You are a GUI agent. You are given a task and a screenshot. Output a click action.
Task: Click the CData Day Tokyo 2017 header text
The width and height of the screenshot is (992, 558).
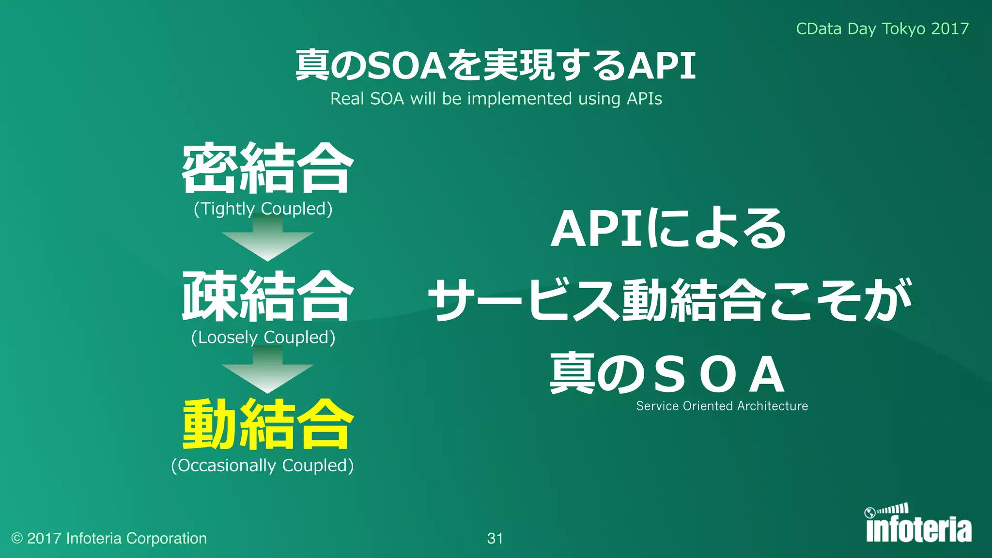coord(882,29)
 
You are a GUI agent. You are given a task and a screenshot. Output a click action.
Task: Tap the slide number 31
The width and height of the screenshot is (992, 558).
coord(495,538)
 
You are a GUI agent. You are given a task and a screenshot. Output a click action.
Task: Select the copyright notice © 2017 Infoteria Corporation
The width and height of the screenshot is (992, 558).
coord(109,538)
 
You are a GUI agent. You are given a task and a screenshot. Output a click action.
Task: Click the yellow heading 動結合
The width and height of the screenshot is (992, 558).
coord(267,425)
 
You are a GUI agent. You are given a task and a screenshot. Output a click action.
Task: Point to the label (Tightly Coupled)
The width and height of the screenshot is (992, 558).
coord(263,209)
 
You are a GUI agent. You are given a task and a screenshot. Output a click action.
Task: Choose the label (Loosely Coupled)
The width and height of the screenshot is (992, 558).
coord(263,337)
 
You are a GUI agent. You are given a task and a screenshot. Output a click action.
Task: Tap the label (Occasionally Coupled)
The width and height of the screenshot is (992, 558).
coord(262,465)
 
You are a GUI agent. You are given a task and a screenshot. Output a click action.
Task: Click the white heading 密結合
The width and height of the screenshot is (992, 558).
coord(267,168)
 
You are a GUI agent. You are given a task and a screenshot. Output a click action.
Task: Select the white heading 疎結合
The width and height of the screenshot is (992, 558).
coord(267,296)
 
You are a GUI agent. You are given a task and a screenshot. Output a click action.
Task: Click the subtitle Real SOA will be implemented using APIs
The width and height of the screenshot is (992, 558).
coord(496,99)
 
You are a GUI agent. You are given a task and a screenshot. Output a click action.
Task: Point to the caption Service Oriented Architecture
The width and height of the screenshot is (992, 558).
coord(722,406)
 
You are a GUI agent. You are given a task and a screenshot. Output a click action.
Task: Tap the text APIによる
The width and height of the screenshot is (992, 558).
coord(668,229)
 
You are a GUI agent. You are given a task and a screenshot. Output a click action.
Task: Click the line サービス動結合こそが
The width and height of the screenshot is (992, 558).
coord(669,300)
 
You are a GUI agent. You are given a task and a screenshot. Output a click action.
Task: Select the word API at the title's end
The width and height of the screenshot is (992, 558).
coord(661,65)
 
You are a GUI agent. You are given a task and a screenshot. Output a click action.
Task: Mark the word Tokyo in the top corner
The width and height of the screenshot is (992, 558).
coord(903,29)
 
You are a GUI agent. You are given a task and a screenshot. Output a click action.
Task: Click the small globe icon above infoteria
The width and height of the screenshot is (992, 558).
coord(870,512)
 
